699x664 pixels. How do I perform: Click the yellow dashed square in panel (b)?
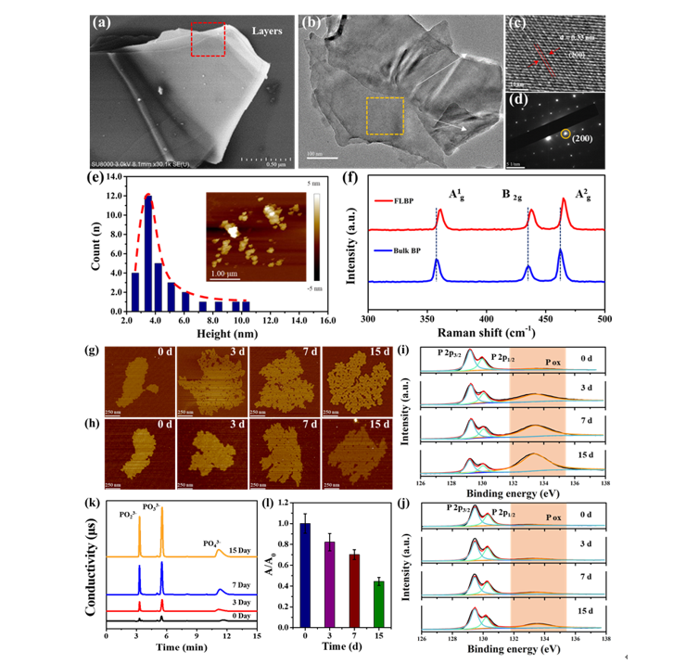pyautogui.click(x=384, y=117)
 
